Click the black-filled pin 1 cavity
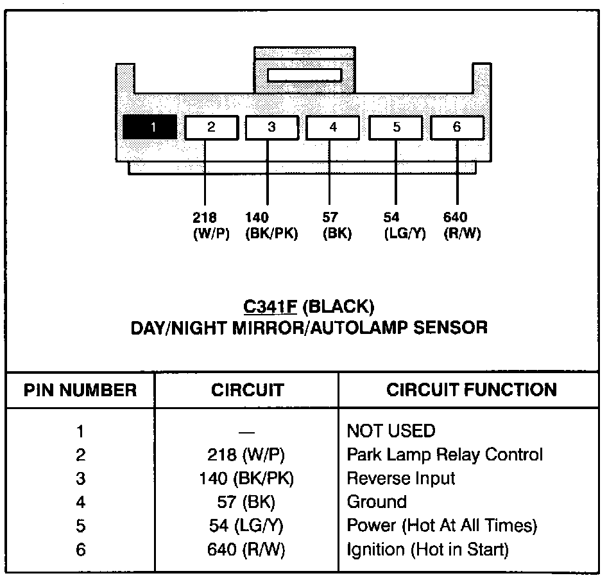click(x=150, y=127)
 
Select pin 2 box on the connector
click(x=211, y=127)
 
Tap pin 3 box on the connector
click(x=271, y=127)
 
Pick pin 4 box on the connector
click(x=332, y=127)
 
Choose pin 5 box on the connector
click(x=396, y=127)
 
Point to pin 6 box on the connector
click(x=457, y=127)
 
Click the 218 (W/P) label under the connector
click(x=210, y=226)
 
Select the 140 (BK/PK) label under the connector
click(x=271, y=226)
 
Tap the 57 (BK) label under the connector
click(x=337, y=226)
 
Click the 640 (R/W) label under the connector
click(x=462, y=226)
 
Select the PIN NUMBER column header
click(x=80, y=390)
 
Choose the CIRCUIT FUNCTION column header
click(x=471, y=390)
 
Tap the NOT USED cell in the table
click(x=390, y=430)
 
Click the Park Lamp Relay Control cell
click(x=444, y=455)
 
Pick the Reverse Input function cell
click(x=400, y=478)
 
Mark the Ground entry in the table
click(x=377, y=502)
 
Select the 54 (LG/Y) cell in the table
click(x=246, y=525)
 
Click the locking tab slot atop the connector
click(x=304, y=75)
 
